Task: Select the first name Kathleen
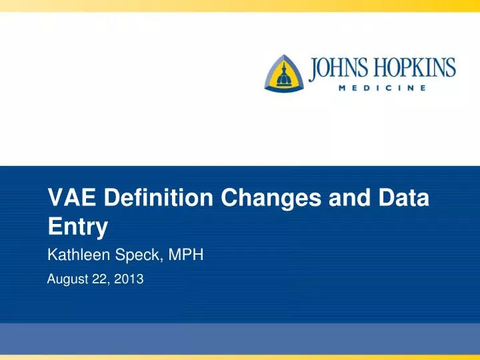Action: [x=79, y=254]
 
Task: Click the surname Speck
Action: [x=135, y=254]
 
